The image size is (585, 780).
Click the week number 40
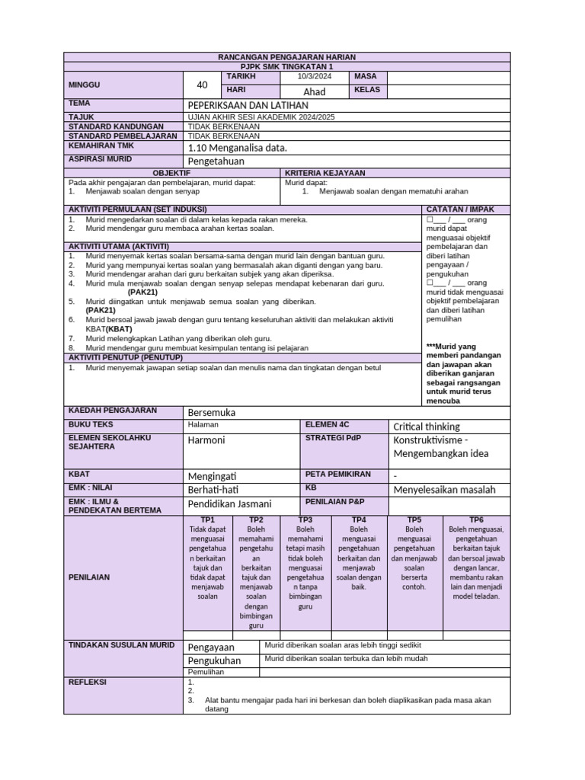[202, 85]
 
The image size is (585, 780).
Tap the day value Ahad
[315, 91]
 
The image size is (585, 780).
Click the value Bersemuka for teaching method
[212, 412]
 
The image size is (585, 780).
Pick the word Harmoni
[206, 440]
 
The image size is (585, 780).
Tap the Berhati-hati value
[215, 490]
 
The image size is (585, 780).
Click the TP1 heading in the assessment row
[207, 519]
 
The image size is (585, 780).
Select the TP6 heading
[477, 519]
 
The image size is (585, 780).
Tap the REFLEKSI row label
[88, 682]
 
